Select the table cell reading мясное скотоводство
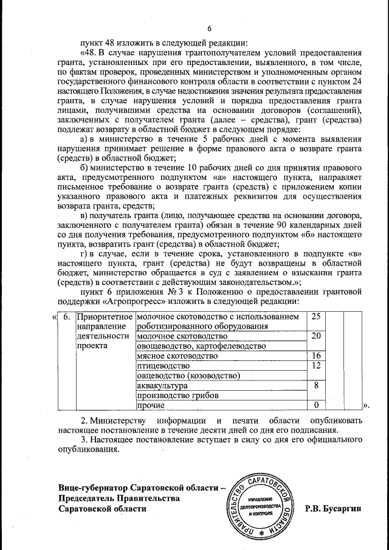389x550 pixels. [x=167, y=356]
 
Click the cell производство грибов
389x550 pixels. [x=174, y=395]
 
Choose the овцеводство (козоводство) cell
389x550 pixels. [x=188, y=376]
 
